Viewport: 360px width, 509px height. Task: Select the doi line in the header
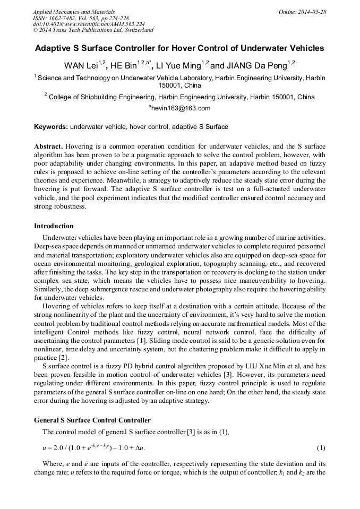pyautogui.click(x=89, y=24)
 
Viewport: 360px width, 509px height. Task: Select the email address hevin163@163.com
pyautogui.click(x=181, y=108)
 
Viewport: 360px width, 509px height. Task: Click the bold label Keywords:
pyautogui.click(x=51, y=127)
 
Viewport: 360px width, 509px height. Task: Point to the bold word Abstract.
pyautogui.click(x=49, y=146)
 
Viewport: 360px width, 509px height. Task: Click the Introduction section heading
pyautogui.click(x=54, y=226)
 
